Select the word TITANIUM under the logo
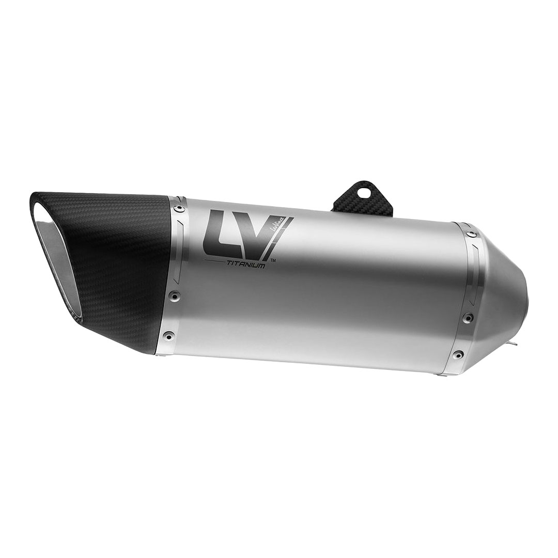pyautogui.click(x=245, y=264)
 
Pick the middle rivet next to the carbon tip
pyautogui.click(x=172, y=296)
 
